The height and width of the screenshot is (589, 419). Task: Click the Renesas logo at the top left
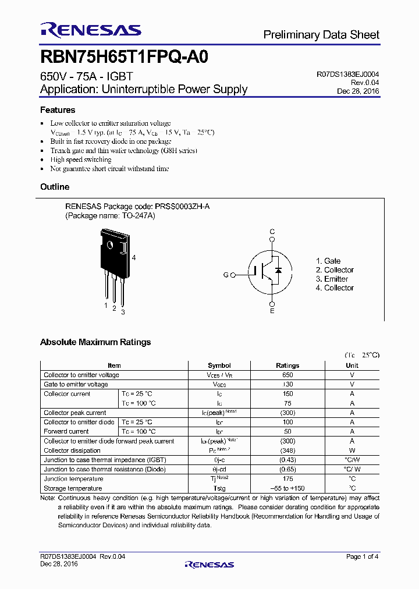(x=90, y=30)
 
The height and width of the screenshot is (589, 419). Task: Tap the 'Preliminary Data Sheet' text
(x=321, y=35)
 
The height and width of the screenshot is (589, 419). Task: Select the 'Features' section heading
(x=58, y=110)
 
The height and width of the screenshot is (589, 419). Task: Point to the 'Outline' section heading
(x=55, y=187)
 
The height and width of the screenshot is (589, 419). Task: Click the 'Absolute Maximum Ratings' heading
(x=95, y=342)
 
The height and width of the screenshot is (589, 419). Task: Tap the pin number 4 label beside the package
(x=134, y=257)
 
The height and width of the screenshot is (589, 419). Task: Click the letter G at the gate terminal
(x=226, y=275)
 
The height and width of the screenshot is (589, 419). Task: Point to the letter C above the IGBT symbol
(x=272, y=232)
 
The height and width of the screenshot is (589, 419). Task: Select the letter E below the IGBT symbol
(x=272, y=311)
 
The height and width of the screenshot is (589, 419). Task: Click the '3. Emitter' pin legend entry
(x=332, y=279)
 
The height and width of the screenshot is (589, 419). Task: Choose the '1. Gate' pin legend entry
(x=328, y=261)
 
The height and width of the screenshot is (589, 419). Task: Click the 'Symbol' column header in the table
(x=219, y=366)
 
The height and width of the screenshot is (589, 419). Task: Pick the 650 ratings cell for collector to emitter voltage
(x=287, y=375)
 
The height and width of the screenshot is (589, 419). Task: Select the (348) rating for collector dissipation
(x=287, y=450)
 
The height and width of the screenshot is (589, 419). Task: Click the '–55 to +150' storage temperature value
(x=287, y=488)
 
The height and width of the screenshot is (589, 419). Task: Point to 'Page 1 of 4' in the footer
(x=362, y=557)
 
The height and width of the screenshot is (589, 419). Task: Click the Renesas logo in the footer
(x=209, y=564)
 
